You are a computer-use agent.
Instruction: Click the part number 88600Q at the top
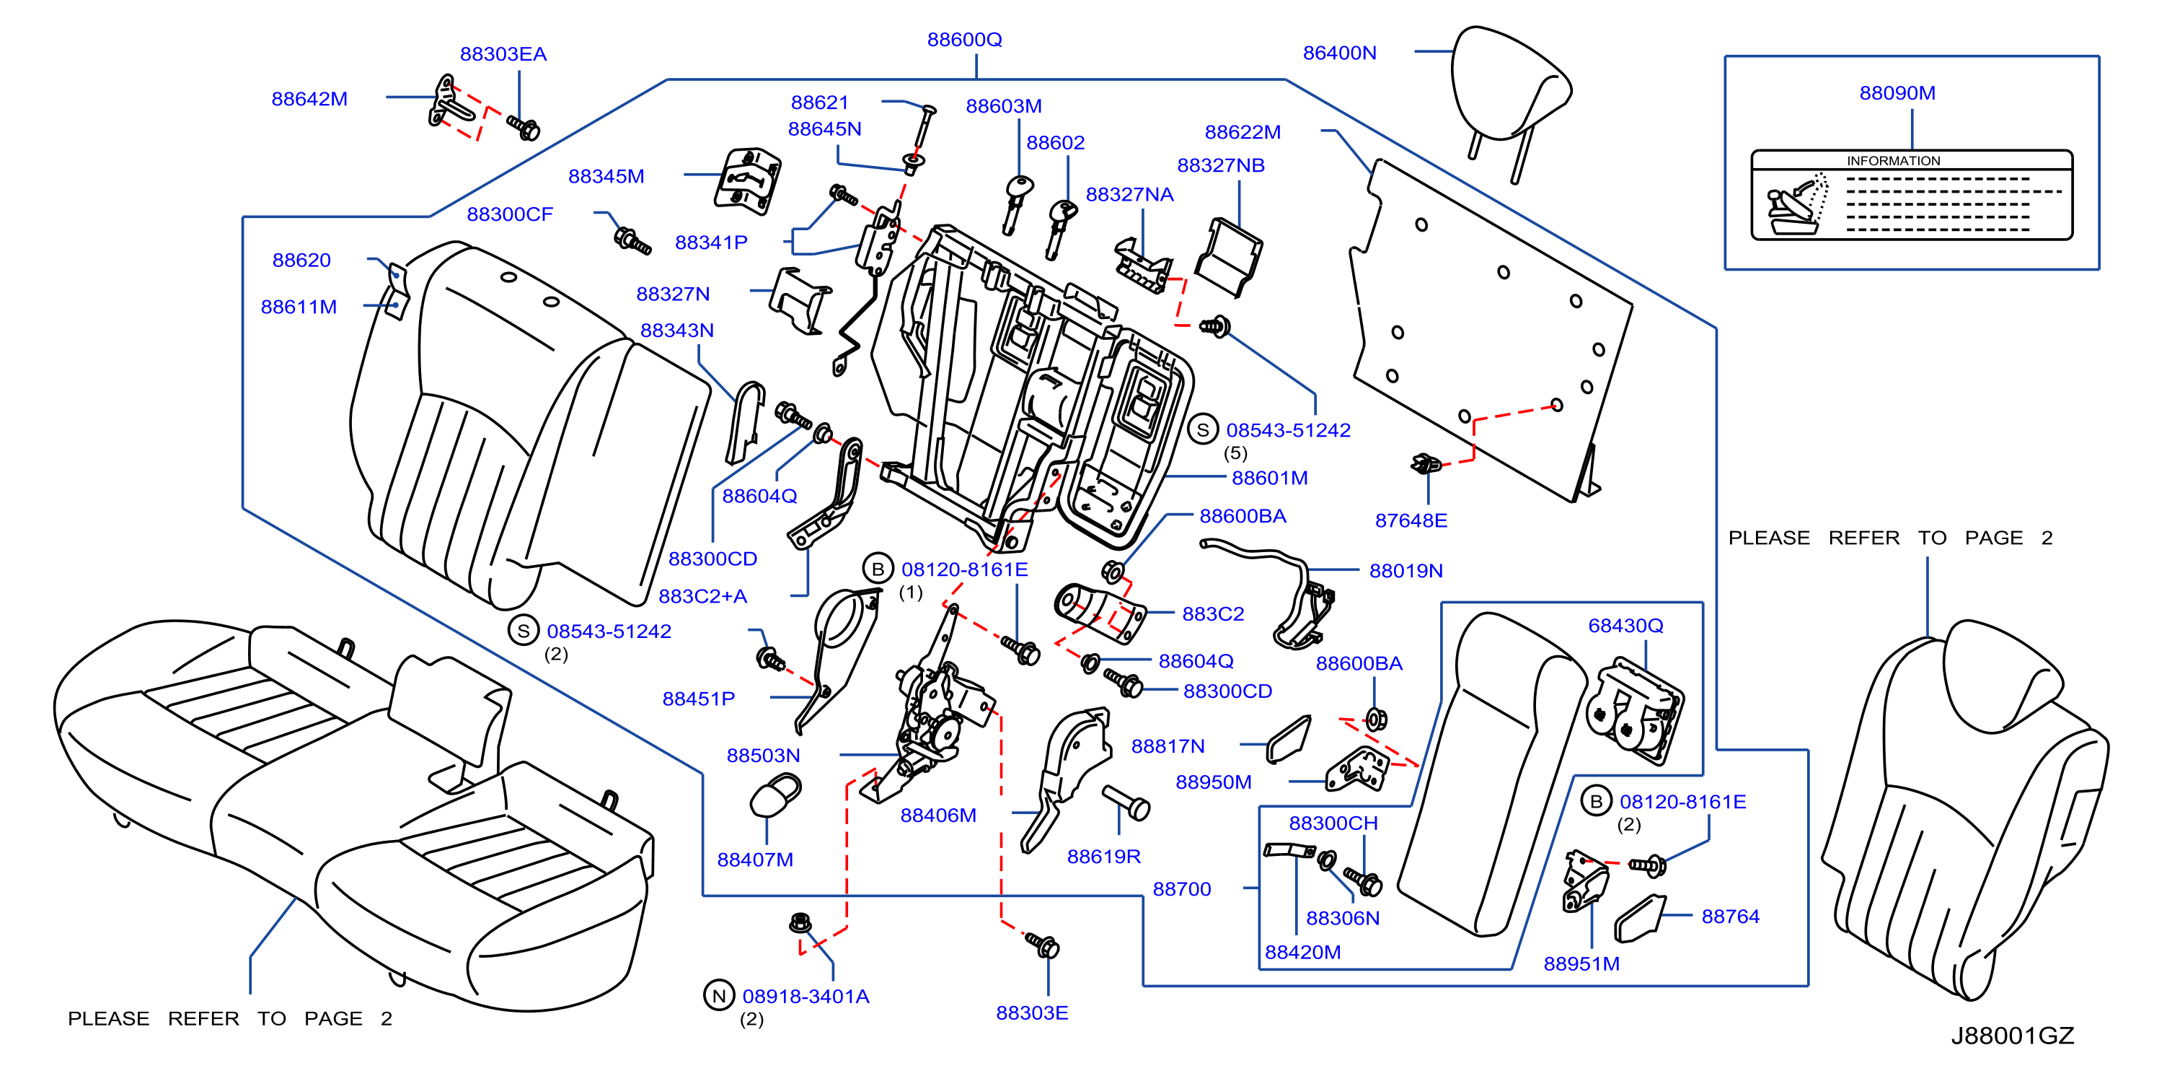pyautogui.click(x=964, y=40)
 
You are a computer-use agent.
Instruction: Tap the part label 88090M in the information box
pyautogui.click(x=1897, y=93)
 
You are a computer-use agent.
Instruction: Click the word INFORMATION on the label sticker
pyautogui.click(x=1893, y=161)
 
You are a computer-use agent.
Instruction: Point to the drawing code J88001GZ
pyautogui.click(x=2013, y=1036)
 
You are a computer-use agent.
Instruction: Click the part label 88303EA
pyautogui.click(x=503, y=54)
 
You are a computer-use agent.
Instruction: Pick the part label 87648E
pyautogui.click(x=1411, y=520)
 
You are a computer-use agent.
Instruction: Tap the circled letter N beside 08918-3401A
pyautogui.click(x=718, y=996)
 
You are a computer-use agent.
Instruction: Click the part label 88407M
pyautogui.click(x=755, y=860)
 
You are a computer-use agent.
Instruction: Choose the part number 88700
pyautogui.click(x=1181, y=889)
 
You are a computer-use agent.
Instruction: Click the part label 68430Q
pyautogui.click(x=1625, y=626)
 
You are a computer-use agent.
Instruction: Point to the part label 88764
pyautogui.click(x=1730, y=916)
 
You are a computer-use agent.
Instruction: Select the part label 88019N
pyautogui.click(x=1405, y=571)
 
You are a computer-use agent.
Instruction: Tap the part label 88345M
pyautogui.click(x=606, y=176)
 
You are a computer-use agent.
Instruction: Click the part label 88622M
pyautogui.click(x=1243, y=132)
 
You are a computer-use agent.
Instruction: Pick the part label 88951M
pyautogui.click(x=1581, y=963)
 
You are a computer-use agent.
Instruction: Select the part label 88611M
pyautogui.click(x=298, y=307)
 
